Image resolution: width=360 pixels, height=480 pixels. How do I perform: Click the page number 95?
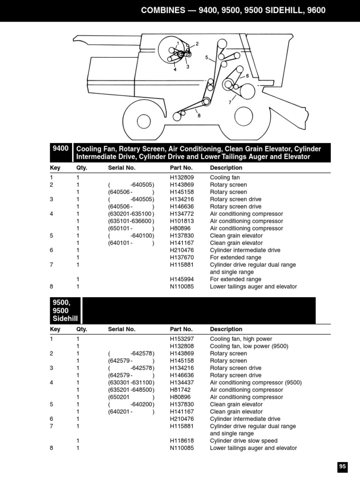pos(342,466)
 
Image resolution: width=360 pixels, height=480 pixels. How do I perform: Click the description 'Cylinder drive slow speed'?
pos(243,441)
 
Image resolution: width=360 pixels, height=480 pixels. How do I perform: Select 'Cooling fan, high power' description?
pos(241,339)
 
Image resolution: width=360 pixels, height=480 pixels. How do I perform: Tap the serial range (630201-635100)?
pos(131,214)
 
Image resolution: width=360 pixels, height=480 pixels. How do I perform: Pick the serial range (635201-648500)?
pos(131,390)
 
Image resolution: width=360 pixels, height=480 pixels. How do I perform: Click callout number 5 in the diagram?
pos(206,57)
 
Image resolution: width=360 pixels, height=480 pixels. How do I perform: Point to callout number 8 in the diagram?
pos(199,116)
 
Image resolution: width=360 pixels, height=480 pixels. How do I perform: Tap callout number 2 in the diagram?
pos(197,44)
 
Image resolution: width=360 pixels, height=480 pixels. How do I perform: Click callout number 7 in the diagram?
pos(230,102)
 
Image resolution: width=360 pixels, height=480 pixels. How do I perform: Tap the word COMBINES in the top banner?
pos(165,10)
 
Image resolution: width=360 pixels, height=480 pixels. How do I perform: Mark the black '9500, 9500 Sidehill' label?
pos(65,310)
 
